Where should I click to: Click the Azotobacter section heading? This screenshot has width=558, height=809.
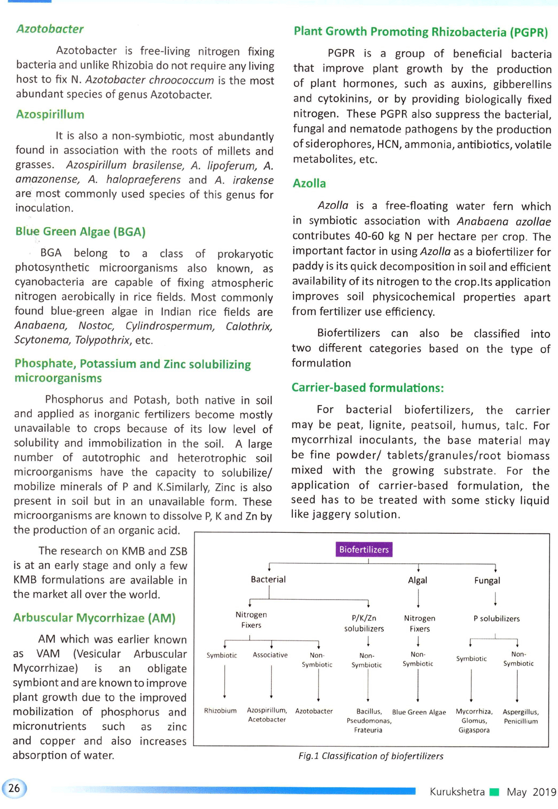click(50, 29)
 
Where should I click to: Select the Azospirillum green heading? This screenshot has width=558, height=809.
click(50, 114)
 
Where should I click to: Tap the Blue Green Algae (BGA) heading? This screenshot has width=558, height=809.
click(80, 232)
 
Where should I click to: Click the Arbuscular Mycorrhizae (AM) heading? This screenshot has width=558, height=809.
click(94, 618)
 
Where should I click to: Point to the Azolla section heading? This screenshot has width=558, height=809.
click(309, 184)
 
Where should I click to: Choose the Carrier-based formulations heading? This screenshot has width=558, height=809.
click(368, 388)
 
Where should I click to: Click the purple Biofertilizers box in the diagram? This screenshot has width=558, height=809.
click(364, 550)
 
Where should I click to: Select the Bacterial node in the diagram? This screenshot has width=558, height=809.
click(268, 580)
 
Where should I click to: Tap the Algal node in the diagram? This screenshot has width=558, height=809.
click(417, 580)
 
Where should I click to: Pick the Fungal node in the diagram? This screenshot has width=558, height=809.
click(487, 581)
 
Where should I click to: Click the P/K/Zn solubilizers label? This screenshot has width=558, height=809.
click(364, 623)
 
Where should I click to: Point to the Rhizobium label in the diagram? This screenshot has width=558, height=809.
click(220, 711)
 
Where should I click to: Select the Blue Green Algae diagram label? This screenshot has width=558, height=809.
click(419, 712)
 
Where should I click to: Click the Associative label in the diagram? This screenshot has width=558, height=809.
click(270, 655)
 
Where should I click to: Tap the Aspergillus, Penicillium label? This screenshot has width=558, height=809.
click(521, 716)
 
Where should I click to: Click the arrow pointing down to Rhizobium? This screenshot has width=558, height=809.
click(225, 682)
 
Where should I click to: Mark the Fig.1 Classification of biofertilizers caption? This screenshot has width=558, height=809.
click(371, 756)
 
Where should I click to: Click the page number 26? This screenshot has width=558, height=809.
click(15, 788)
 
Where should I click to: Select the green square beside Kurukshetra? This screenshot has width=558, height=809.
click(494, 792)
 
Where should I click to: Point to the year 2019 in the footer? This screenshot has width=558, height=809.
click(544, 792)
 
